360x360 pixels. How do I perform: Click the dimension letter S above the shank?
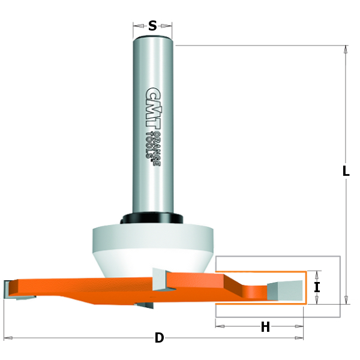152,26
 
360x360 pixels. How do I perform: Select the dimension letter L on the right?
346,171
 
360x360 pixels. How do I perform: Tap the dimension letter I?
317,287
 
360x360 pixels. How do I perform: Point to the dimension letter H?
265,327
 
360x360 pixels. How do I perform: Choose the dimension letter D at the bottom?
159,338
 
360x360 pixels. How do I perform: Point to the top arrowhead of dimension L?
346,49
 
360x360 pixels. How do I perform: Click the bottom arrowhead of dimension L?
346,300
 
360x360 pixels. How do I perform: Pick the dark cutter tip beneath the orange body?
144,305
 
